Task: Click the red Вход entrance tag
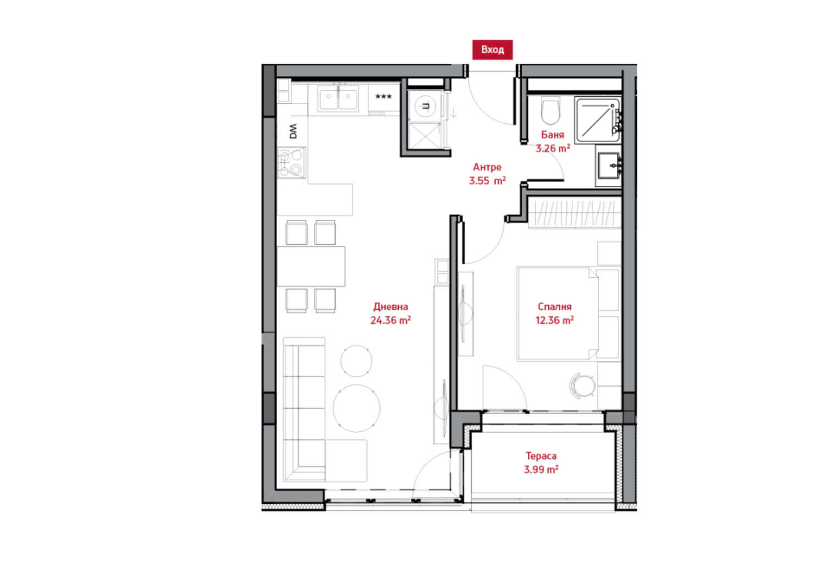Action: [x=492, y=50]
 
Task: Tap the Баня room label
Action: [x=553, y=135]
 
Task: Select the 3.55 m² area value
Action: [x=487, y=180]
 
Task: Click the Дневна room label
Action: [x=390, y=306]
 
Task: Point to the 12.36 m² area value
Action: [x=554, y=320]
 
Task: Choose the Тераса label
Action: [x=541, y=456]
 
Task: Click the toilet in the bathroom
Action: [x=550, y=110]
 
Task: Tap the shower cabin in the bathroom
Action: [x=598, y=120]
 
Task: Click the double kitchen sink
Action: [x=338, y=100]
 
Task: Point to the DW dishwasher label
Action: [x=293, y=131]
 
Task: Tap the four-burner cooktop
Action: [x=291, y=162]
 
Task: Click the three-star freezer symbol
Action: [x=383, y=96]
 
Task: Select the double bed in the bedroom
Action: [x=569, y=314]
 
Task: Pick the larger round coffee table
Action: [x=357, y=408]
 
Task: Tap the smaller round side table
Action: [x=356, y=361]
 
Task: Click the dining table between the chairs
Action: [x=311, y=266]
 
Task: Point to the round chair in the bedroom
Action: [x=583, y=386]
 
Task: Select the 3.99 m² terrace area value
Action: [x=541, y=470]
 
